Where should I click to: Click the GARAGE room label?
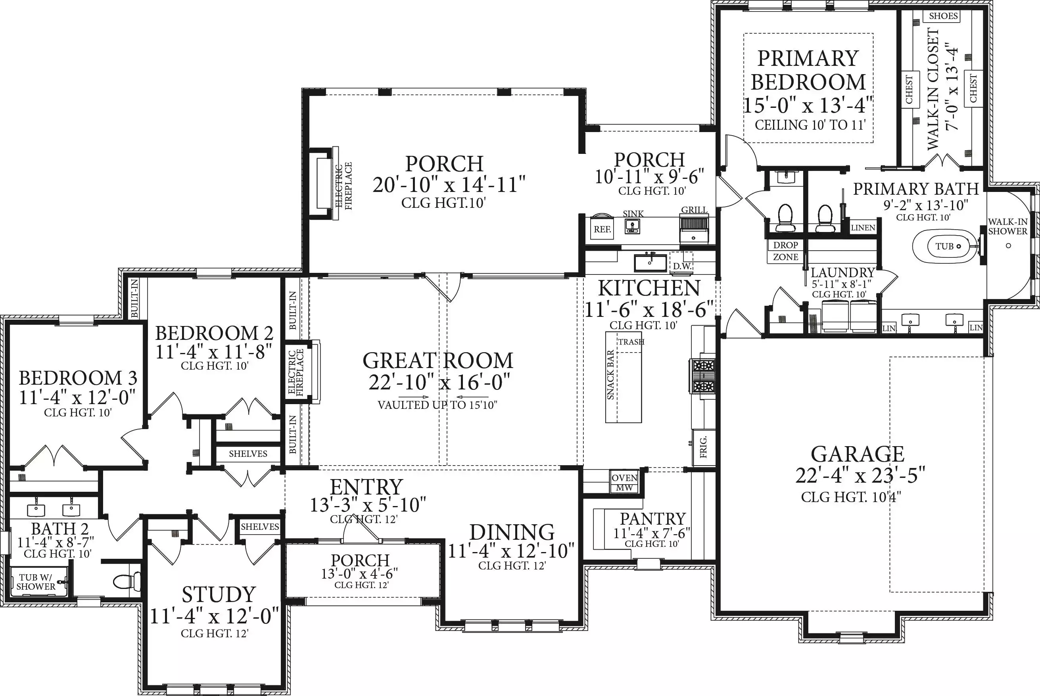click(858, 454)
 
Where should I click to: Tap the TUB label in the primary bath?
click(944, 246)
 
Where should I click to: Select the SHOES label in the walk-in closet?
click(943, 16)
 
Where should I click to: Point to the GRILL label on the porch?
click(694, 210)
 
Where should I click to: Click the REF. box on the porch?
click(603, 229)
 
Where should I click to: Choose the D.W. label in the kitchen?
click(682, 266)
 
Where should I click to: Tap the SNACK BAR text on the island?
click(610, 375)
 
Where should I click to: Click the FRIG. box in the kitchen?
click(704, 447)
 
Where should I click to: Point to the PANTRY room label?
click(653, 518)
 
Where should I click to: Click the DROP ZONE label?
click(786, 251)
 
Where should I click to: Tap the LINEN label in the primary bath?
click(863, 228)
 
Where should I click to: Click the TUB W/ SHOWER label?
click(36, 581)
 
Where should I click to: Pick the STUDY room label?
click(219, 594)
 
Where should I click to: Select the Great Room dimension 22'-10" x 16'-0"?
click(439, 382)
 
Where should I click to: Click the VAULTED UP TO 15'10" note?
click(437, 405)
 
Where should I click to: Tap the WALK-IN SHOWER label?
click(1007, 226)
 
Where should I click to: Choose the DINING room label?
click(512, 532)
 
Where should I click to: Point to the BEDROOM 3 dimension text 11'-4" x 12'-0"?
click(77, 397)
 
